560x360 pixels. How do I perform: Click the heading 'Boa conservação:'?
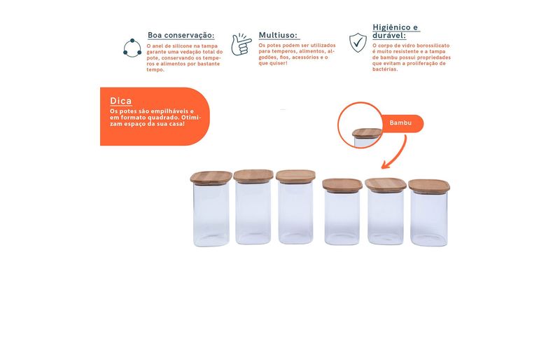point(181,36)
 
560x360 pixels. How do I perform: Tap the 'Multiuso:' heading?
point(278,35)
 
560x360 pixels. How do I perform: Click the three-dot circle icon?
point(132,48)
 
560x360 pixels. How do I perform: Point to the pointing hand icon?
point(241,44)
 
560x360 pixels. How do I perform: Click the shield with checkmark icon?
point(358,43)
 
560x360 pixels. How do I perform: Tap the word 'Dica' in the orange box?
point(120,101)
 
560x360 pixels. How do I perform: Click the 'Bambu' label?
point(400,123)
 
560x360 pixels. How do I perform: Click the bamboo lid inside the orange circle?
point(366,133)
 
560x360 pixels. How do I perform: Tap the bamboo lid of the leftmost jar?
point(211,177)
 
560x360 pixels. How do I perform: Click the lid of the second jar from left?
point(253,176)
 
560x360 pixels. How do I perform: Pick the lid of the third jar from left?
point(295,176)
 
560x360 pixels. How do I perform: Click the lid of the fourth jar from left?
point(342,184)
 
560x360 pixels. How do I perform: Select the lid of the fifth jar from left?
point(386,184)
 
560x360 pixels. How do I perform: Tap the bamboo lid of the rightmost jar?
point(429,186)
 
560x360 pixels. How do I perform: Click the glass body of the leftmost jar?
point(211,215)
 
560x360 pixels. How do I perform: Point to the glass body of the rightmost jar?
point(429,219)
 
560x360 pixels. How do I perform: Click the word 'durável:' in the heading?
point(389,36)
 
